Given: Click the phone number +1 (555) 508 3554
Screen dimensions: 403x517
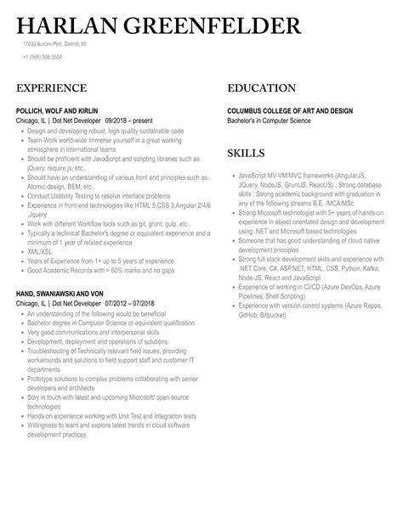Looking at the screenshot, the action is pos(43,56).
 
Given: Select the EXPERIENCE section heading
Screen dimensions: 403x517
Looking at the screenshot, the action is pos(51,88).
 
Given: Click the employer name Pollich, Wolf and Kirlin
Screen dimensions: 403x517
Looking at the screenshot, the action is pos(61,110).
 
